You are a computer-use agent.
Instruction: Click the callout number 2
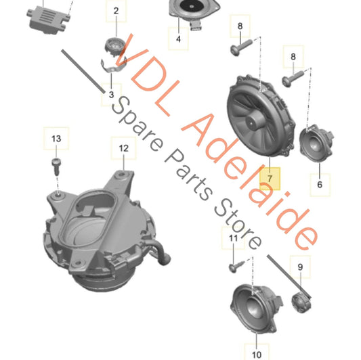[115, 11]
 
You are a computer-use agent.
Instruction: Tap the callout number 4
[178, 39]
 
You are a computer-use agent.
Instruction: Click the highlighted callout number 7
[270, 179]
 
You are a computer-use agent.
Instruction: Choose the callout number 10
[256, 353]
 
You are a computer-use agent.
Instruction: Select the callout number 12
[123, 147]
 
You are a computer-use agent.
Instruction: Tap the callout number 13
[56, 139]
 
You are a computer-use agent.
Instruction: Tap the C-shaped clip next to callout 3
[115, 66]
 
